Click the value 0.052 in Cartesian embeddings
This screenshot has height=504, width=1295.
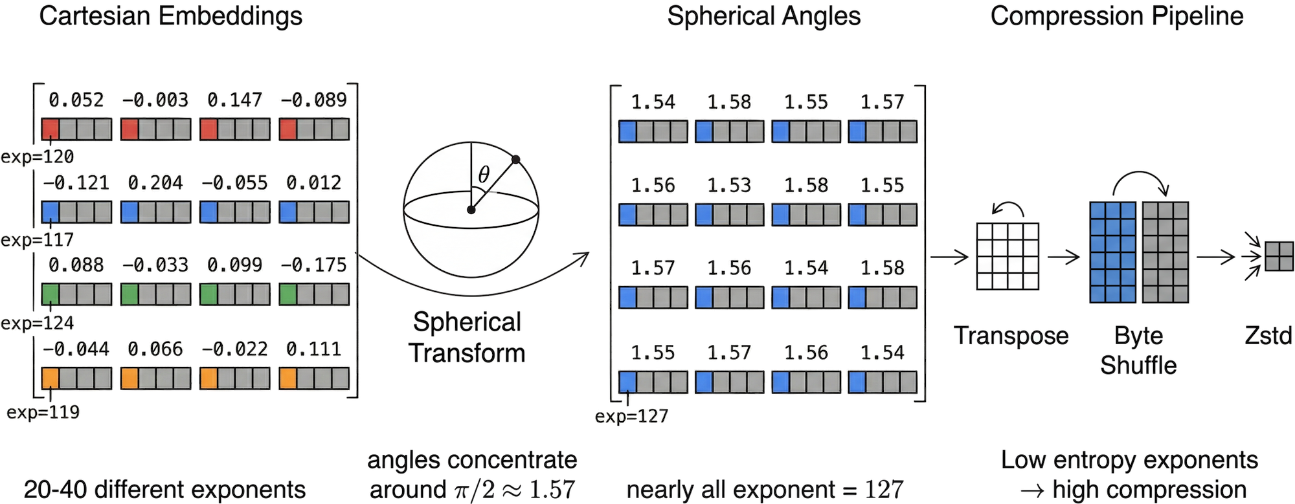point(77,100)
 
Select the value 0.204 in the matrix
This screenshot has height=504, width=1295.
point(155,183)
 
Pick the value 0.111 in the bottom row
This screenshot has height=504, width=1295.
point(314,349)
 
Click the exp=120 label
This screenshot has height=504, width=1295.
point(39,157)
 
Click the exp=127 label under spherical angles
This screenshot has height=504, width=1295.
point(631,417)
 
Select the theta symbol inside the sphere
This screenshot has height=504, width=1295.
point(483,175)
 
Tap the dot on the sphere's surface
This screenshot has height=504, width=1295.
point(515,159)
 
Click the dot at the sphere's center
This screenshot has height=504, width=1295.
point(471,210)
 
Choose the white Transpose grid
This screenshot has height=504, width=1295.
point(1007,256)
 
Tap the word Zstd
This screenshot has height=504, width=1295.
point(1268,336)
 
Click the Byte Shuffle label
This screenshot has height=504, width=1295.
point(1138,351)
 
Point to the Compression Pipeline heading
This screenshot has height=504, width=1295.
point(1117,16)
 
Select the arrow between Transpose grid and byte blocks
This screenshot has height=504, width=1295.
point(1063,257)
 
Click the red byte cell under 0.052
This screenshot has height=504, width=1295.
point(51,129)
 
